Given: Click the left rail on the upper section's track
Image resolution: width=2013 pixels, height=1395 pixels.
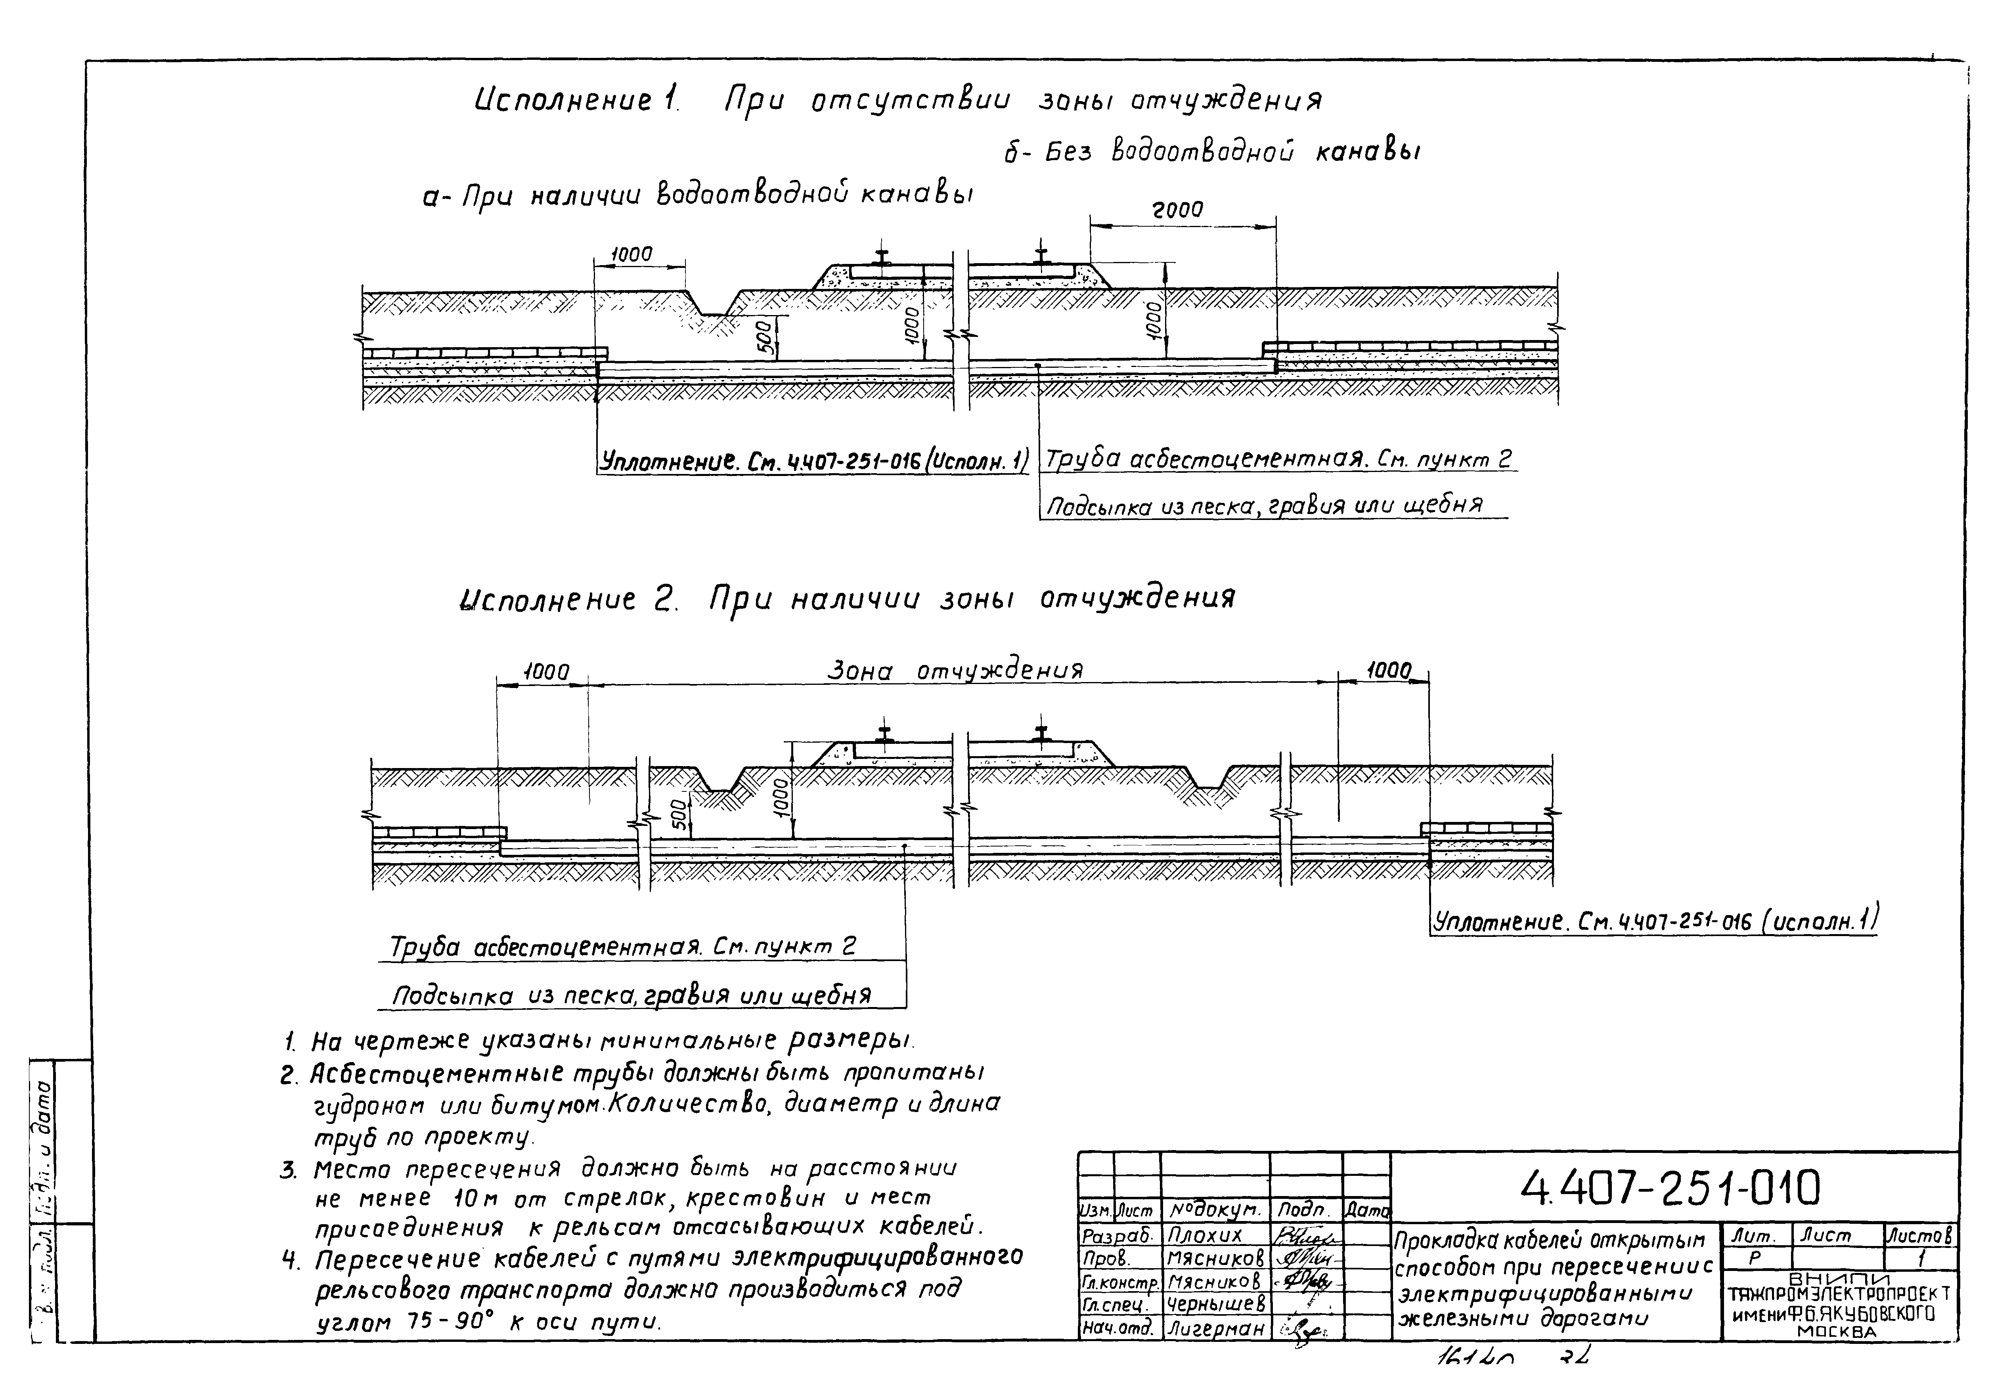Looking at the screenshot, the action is pyautogui.click(x=883, y=257).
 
